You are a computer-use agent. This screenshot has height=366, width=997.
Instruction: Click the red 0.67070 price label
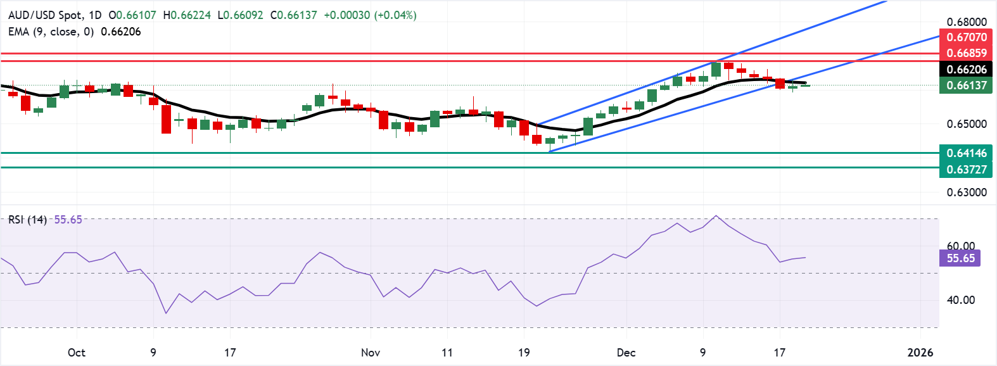click(x=966, y=37)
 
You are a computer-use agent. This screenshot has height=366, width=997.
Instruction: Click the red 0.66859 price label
click(x=966, y=53)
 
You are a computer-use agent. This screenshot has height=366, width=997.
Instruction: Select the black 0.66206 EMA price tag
click(x=966, y=70)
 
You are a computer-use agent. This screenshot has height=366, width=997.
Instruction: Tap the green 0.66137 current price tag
click(x=966, y=85)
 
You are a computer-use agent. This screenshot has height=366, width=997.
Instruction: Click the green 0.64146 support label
click(x=966, y=153)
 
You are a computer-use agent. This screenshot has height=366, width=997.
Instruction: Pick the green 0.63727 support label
click(x=966, y=169)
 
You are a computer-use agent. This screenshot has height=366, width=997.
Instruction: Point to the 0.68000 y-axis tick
click(x=967, y=22)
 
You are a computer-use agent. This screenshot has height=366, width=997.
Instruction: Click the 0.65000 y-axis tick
click(x=967, y=124)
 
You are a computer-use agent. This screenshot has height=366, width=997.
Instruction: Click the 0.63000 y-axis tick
click(x=967, y=192)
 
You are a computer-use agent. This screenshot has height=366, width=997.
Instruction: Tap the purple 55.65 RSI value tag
click(x=960, y=258)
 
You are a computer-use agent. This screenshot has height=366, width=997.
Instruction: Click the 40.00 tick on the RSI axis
click(x=960, y=300)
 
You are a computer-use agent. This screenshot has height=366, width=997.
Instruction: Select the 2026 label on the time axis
click(x=920, y=353)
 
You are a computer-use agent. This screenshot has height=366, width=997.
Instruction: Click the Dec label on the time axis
click(x=626, y=353)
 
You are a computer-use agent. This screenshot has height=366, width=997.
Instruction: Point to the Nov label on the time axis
click(x=370, y=353)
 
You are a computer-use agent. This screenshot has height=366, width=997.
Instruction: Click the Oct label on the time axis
click(x=76, y=353)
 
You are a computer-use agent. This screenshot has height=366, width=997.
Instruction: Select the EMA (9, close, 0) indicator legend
click(x=51, y=32)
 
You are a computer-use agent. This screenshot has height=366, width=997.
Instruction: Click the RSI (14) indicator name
click(x=27, y=220)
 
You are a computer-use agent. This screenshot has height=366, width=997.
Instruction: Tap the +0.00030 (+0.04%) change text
click(x=370, y=15)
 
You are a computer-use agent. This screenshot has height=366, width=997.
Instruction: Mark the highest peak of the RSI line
click(x=716, y=216)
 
